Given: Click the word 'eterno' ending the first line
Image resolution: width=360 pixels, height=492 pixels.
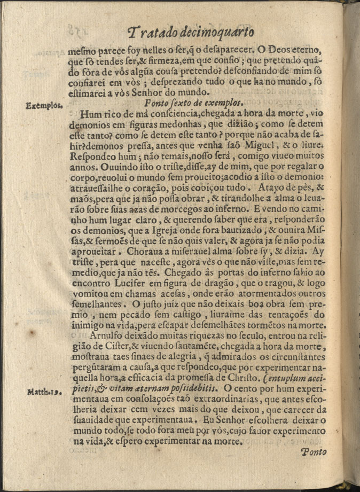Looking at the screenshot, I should pos(307,53).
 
